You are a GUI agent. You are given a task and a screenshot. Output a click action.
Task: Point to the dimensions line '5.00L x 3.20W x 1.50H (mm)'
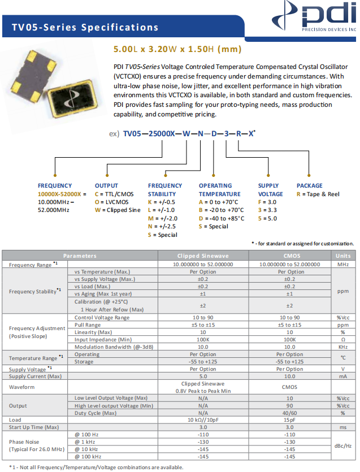170,49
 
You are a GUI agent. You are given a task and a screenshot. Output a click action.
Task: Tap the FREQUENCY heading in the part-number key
55,185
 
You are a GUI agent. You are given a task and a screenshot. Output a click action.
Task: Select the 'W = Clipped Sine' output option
118,210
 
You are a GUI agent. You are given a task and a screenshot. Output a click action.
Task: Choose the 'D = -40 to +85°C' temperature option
222,218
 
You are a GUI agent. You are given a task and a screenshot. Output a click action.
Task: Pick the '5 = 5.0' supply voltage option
267,218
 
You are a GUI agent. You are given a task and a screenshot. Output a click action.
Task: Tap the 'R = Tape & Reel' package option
318,194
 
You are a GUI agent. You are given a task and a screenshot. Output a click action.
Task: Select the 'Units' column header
343,256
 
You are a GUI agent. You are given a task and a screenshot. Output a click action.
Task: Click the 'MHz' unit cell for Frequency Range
343,264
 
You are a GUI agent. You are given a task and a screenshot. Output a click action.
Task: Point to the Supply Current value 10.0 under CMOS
290,376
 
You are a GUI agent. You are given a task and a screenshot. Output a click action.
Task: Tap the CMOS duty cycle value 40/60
290,413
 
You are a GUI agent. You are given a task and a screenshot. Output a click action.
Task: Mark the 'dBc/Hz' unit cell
343,445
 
